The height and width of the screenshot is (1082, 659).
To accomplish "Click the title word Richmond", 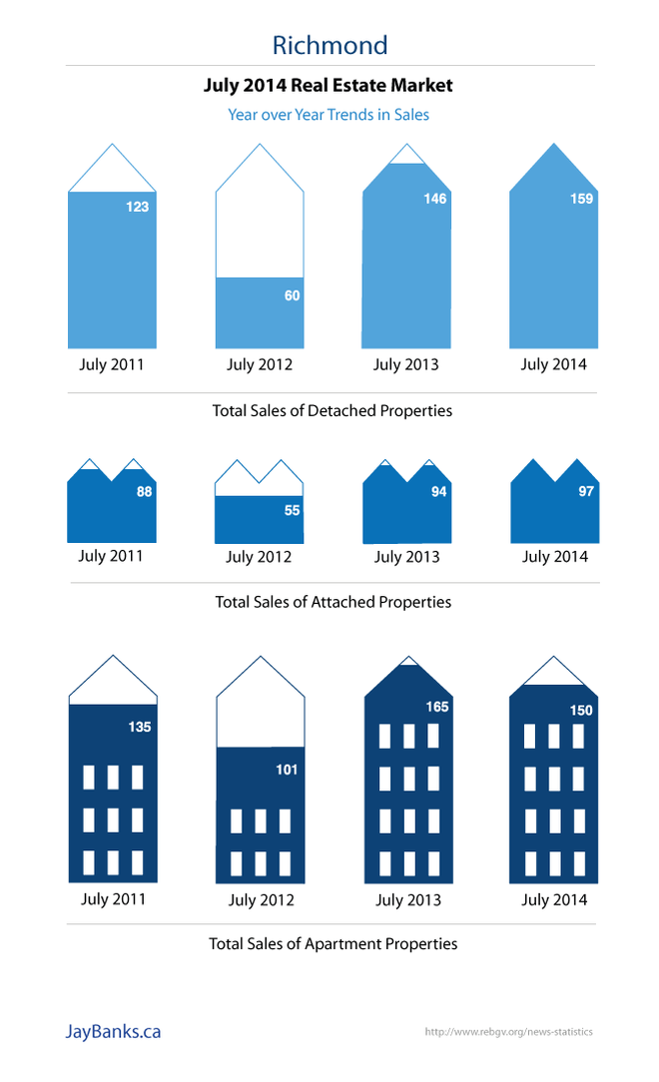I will coord(329,45).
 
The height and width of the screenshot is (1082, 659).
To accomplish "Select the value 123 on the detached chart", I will coord(137,207).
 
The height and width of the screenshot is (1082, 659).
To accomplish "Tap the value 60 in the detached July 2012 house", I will coord(292,295).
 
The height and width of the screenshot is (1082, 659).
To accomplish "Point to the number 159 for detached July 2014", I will coord(581,199).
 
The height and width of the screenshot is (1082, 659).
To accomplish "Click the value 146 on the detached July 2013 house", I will coord(434,199).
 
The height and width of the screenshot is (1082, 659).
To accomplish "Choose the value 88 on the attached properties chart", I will coord(144,491).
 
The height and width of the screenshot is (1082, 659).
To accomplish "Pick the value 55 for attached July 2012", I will coord(292,510).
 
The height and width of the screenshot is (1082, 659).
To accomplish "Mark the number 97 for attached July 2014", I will coord(586,491).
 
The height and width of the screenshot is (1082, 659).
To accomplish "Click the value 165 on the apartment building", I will coord(436,707).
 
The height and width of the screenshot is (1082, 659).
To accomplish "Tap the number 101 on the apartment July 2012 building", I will coord(287,770).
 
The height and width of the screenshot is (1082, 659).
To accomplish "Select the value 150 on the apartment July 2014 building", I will coord(581,711).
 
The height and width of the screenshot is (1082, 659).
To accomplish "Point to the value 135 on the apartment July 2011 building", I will coord(139,727).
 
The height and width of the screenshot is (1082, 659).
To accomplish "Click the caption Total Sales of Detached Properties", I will coord(331,410).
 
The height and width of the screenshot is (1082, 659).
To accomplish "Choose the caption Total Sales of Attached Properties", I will coord(332,602).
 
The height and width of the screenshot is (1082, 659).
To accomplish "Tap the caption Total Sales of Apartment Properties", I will coord(332,943).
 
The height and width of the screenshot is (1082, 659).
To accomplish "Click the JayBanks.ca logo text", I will coord(112,1032).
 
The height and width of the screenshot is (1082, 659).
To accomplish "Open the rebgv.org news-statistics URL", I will coord(508,1032).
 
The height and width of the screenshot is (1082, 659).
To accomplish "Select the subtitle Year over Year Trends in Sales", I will coord(329,115).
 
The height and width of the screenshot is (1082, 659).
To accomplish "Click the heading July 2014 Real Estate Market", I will coord(329,86).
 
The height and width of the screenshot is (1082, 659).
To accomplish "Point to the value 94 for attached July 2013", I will coord(438,491).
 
